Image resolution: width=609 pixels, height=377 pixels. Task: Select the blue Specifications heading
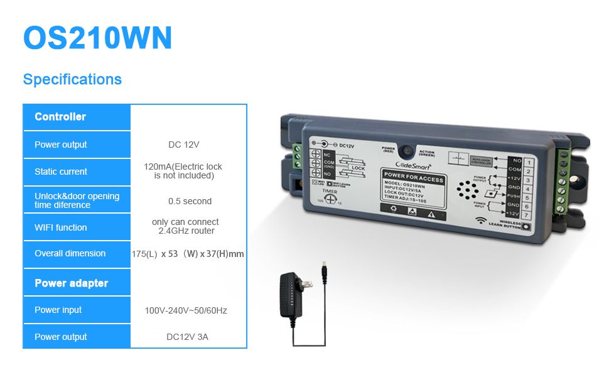[x=72, y=80]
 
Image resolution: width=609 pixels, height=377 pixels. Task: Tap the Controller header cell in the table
[x=60, y=117]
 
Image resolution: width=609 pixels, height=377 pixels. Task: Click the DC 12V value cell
[x=183, y=145]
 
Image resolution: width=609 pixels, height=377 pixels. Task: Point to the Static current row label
[x=61, y=172]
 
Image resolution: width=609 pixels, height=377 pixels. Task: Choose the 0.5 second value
[x=190, y=202]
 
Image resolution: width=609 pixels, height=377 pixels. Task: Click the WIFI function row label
[x=61, y=227]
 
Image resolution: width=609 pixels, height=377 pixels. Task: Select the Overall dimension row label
[x=70, y=253]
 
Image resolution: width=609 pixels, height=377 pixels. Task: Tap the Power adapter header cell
[x=72, y=283]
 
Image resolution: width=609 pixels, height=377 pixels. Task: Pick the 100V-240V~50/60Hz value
[x=186, y=310]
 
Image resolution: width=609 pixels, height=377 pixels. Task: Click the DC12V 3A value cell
[x=187, y=337]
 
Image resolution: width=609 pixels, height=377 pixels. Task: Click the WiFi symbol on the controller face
[x=480, y=221]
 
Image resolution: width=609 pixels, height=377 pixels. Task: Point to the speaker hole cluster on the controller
[x=465, y=190]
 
